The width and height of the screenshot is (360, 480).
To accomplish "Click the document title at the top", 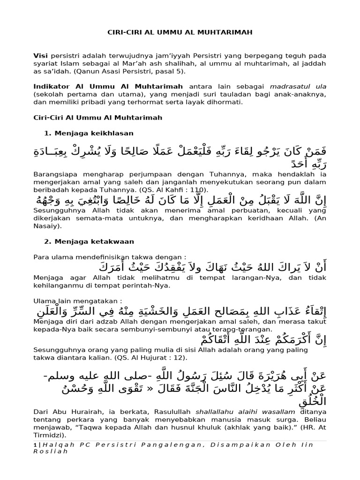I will click(180, 32).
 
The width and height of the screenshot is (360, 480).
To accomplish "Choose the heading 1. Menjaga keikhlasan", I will click(89, 133).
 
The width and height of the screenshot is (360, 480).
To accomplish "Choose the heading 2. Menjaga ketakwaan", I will click(89, 241).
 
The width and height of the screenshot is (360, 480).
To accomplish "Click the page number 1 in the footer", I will click(35, 444).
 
